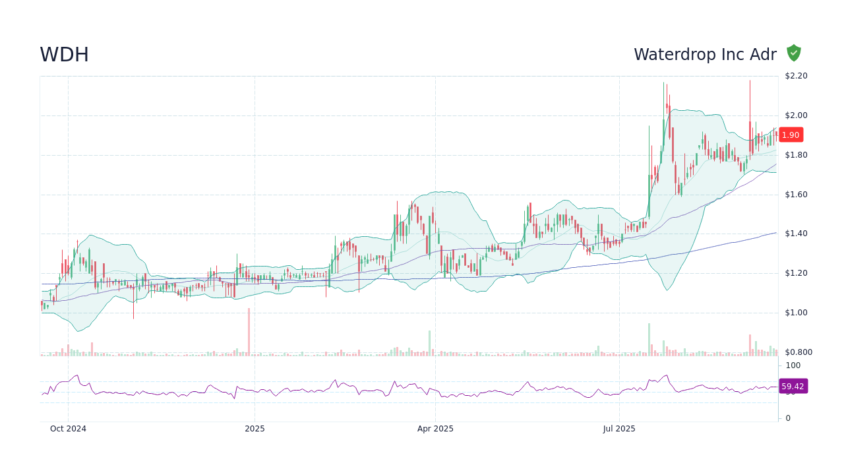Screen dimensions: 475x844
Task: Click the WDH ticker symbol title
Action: [x=64, y=55]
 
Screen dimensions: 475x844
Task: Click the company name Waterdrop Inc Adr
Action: [x=705, y=55]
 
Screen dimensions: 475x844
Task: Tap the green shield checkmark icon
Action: [x=794, y=53]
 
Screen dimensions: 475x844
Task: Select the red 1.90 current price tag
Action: [x=791, y=135]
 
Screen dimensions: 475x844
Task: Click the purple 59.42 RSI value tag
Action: [x=793, y=386]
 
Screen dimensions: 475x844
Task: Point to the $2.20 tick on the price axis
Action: [x=796, y=76]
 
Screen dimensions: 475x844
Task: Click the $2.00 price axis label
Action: [x=796, y=115]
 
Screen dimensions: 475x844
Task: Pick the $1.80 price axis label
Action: [x=796, y=155]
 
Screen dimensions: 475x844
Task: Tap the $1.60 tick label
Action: [x=796, y=195]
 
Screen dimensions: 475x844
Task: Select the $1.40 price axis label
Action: [x=796, y=234]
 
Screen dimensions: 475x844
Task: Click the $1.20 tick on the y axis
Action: [x=796, y=273]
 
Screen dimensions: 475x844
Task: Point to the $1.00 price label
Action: [x=796, y=313]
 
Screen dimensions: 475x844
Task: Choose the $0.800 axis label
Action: [x=798, y=352]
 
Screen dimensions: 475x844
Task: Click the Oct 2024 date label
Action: [x=68, y=429]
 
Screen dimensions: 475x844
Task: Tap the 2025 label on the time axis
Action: [x=255, y=429]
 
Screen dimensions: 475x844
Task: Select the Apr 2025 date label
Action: [x=435, y=429]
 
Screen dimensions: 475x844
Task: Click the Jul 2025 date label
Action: [x=619, y=429]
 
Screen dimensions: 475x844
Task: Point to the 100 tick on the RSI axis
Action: [x=793, y=365]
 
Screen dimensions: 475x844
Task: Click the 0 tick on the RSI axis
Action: [x=787, y=418]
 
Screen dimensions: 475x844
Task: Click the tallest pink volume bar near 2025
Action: [x=249, y=332]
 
